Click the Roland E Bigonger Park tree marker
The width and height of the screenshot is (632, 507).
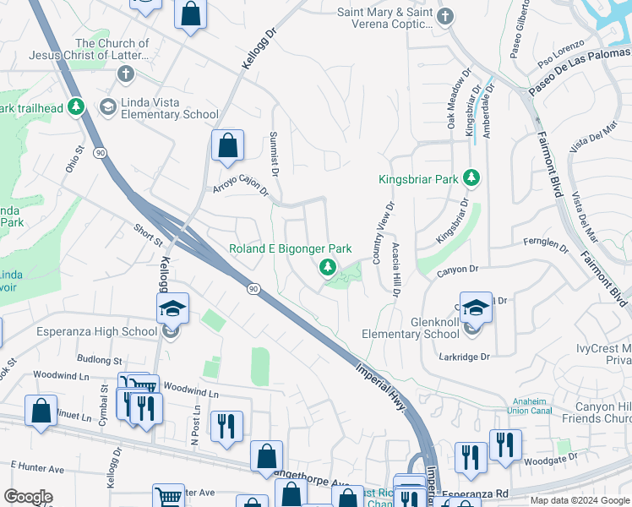pos(327,268)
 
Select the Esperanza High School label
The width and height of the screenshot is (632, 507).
pos(97,331)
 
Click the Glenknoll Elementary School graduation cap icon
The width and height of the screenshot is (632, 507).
pos(476,308)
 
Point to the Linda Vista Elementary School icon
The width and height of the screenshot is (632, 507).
pos(108,106)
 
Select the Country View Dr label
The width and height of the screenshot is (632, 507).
pos(378,230)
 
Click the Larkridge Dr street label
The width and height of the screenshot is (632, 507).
pos(464,357)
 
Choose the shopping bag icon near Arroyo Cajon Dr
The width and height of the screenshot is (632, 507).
pos(227,146)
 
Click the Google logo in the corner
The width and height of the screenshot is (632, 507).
pos(28,497)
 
